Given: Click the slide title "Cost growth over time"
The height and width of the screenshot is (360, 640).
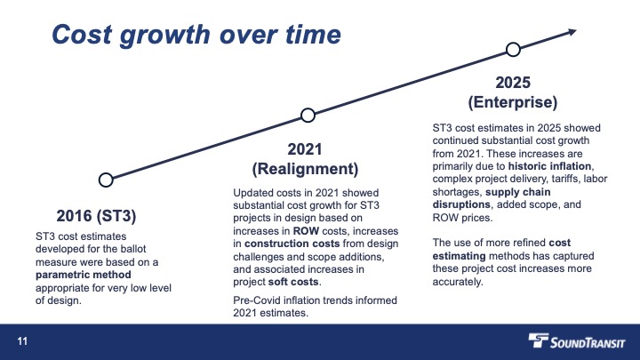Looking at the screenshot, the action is [x=196, y=35].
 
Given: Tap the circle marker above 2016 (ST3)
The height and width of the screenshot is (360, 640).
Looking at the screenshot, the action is [x=106, y=174].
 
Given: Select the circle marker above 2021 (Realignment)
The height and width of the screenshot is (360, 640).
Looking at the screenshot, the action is [x=308, y=109].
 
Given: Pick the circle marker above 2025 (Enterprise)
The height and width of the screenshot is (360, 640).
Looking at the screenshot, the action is [x=513, y=44].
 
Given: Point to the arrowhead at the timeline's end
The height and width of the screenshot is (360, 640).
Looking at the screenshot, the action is [x=572, y=32].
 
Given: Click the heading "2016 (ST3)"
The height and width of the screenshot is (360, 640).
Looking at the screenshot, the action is [x=96, y=216].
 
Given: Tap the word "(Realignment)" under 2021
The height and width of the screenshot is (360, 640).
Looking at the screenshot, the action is [x=305, y=169].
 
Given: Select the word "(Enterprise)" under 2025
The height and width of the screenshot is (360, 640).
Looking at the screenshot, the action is [x=513, y=102].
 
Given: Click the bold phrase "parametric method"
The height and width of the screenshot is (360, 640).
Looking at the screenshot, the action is [x=84, y=275].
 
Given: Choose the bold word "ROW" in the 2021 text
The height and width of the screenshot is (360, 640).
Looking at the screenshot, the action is [x=306, y=231].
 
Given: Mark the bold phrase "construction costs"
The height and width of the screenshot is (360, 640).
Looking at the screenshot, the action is [x=292, y=244].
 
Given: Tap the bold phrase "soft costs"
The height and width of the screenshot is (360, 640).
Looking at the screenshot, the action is [x=293, y=282].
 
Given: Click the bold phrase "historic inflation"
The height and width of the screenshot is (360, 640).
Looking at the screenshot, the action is [x=549, y=166].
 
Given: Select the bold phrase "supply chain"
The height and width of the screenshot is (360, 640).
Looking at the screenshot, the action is [x=518, y=192].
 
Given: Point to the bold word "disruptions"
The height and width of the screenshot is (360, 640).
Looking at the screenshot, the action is [x=461, y=204].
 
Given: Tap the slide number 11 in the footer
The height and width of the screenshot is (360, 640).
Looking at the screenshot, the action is [x=22, y=341].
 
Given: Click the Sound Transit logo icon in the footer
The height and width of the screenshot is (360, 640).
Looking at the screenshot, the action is [x=538, y=340].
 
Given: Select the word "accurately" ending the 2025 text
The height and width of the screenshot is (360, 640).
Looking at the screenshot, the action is [x=458, y=282].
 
